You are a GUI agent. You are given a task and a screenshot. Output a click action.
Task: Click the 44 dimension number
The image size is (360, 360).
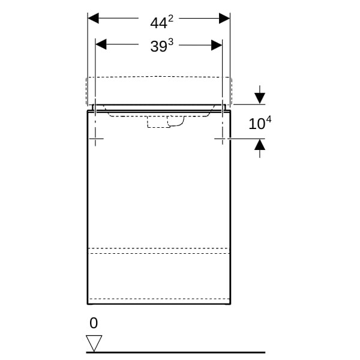tap(158, 23)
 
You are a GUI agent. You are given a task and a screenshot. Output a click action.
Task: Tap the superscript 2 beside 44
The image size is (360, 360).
tap(170, 19)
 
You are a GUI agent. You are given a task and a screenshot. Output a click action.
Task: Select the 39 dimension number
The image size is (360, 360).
tap(158, 46)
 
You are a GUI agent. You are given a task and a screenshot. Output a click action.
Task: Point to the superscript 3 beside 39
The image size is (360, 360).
tap(170, 42)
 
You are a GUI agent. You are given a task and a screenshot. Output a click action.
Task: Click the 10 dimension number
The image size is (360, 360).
tap(257, 124)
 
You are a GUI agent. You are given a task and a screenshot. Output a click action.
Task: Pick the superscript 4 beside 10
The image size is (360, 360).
tap(268, 119)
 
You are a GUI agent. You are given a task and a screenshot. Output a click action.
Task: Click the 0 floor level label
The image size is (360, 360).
tap(94, 323)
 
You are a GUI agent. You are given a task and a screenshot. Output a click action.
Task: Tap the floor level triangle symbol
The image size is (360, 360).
tap(94, 343)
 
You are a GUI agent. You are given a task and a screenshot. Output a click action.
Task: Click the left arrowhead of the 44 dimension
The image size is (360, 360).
tap(93, 18)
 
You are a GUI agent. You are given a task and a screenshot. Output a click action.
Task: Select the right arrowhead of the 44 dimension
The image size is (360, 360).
tap(224, 18)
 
